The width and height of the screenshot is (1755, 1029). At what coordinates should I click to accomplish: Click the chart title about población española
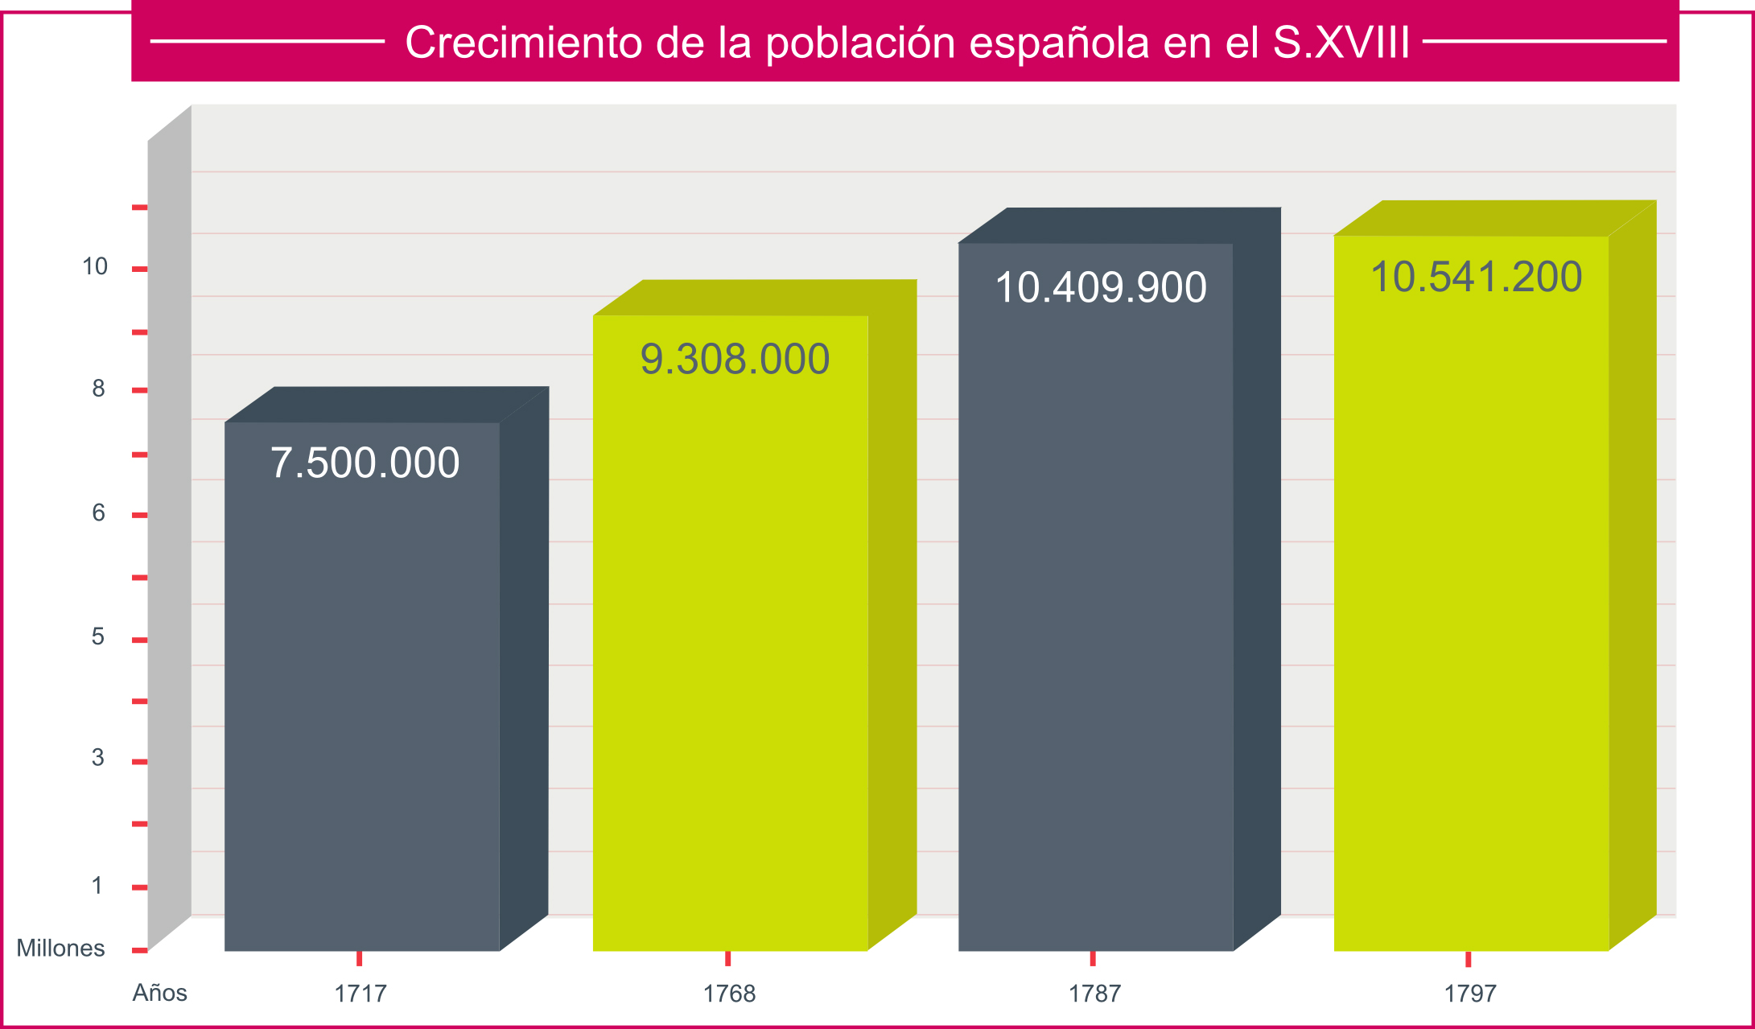coord(907,42)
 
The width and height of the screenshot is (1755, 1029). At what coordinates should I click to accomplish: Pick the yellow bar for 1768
coord(730,644)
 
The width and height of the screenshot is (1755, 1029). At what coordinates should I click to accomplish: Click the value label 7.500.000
coord(365,463)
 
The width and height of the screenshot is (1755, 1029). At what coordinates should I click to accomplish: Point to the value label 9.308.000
coord(735,359)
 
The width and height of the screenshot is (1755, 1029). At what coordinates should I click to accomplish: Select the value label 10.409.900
coord(1100,287)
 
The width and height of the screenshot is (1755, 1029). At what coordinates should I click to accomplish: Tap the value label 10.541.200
coord(1476,277)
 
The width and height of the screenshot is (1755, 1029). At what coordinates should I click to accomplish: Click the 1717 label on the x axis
coord(360,994)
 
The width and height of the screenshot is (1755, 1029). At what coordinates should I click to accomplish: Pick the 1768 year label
coord(729,994)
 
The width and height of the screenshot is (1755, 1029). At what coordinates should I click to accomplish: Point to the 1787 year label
coord(1094,994)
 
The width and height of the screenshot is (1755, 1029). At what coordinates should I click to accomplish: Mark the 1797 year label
coord(1469,994)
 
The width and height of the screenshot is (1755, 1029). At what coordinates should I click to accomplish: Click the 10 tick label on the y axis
coord(95,266)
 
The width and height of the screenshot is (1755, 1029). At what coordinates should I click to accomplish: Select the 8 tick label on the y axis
coord(98,389)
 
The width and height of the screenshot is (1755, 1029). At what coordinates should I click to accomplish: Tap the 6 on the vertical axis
coord(98,512)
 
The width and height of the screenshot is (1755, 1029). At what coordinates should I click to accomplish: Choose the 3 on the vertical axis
coord(97,757)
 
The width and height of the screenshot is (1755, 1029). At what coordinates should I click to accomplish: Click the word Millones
coord(60,949)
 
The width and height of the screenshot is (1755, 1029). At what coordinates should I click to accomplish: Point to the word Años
coord(159,993)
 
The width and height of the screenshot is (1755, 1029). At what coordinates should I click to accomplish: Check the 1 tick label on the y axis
coord(97,886)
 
